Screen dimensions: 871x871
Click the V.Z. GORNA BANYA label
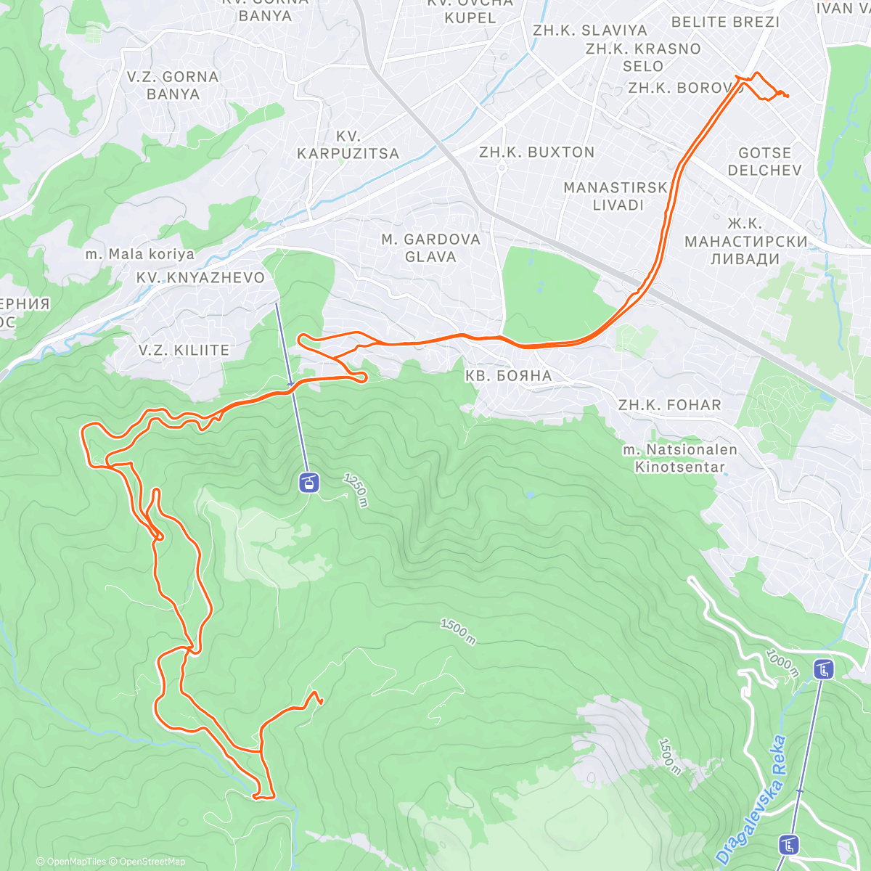pyautogui.click(x=173, y=86)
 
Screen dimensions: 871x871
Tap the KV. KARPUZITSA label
pyautogui.click(x=348, y=145)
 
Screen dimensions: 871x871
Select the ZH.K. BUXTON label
pyautogui.click(x=536, y=152)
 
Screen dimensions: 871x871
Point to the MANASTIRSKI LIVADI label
pyautogui.click(x=616, y=196)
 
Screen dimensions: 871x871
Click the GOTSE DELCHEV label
pyautogui.click(x=764, y=162)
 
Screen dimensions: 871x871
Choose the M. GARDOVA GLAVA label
pyautogui.click(x=430, y=248)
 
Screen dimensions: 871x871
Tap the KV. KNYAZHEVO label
pyautogui.click(x=200, y=277)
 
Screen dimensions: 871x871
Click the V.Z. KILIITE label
pyautogui.click(x=184, y=350)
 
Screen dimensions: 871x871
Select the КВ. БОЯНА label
pyautogui.click(x=508, y=375)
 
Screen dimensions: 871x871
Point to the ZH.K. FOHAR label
pyautogui.click(x=670, y=405)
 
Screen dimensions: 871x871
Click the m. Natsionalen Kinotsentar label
pyautogui.click(x=680, y=458)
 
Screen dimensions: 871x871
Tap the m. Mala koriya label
pyautogui.click(x=140, y=254)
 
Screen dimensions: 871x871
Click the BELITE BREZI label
pyautogui.click(x=725, y=22)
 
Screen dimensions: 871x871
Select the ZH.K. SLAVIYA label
pyautogui.click(x=589, y=30)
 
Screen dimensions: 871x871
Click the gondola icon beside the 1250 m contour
pyautogui.click(x=309, y=483)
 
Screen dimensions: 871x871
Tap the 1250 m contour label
pyautogui.click(x=356, y=490)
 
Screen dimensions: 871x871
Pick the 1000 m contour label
pyautogui.click(x=782, y=663)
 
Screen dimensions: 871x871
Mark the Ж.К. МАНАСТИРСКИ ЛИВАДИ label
pyautogui.click(x=745, y=241)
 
